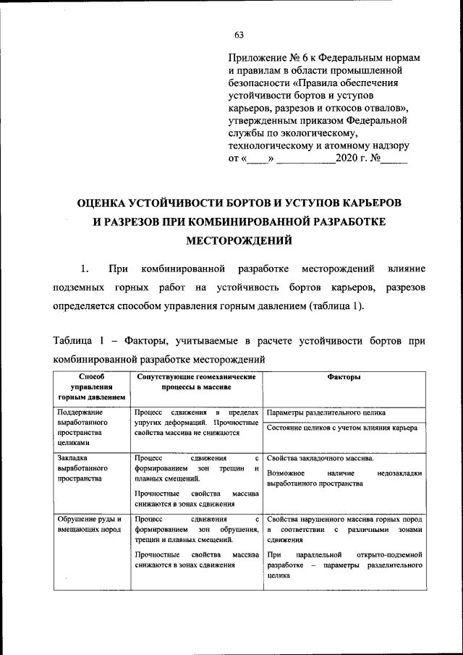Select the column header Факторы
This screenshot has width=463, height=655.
click(344, 377)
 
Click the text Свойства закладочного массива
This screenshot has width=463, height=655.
click(320, 459)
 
